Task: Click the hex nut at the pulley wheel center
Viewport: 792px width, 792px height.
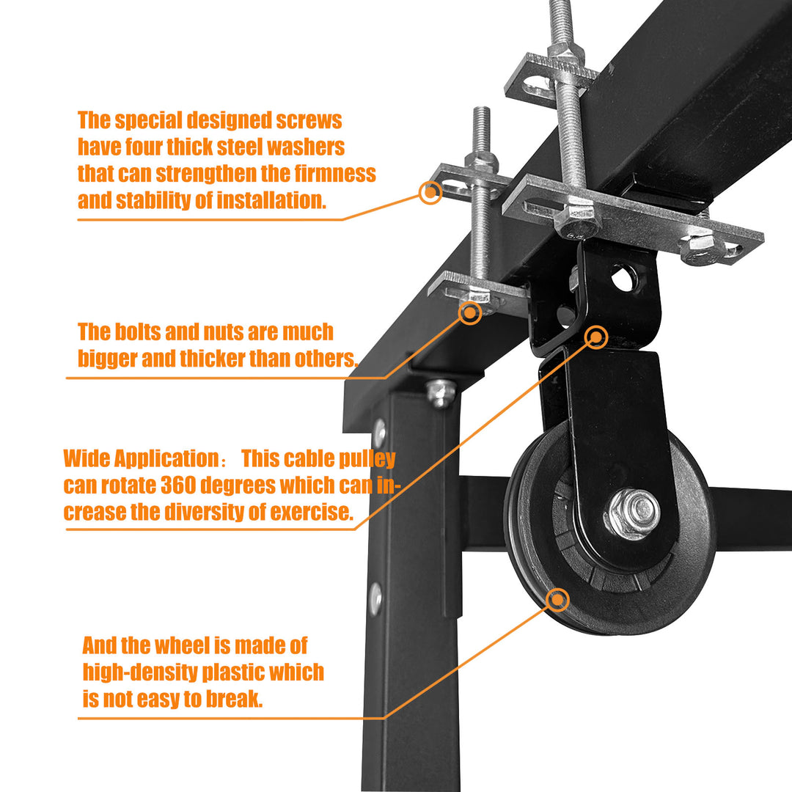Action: [x=632, y=512]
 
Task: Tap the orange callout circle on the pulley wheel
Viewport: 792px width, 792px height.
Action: [x=558, y=600]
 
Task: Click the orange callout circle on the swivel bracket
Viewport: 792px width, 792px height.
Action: [x=597, y=337]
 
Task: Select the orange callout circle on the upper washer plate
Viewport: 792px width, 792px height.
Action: [x=430, y=192]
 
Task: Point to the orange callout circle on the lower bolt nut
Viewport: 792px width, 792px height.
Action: [x=469, y=312]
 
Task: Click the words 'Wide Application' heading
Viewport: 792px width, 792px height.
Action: [x=137, y=459]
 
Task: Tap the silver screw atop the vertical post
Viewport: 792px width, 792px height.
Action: [x=441, y=393]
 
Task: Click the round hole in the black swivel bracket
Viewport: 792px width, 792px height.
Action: [x=623, y=279]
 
